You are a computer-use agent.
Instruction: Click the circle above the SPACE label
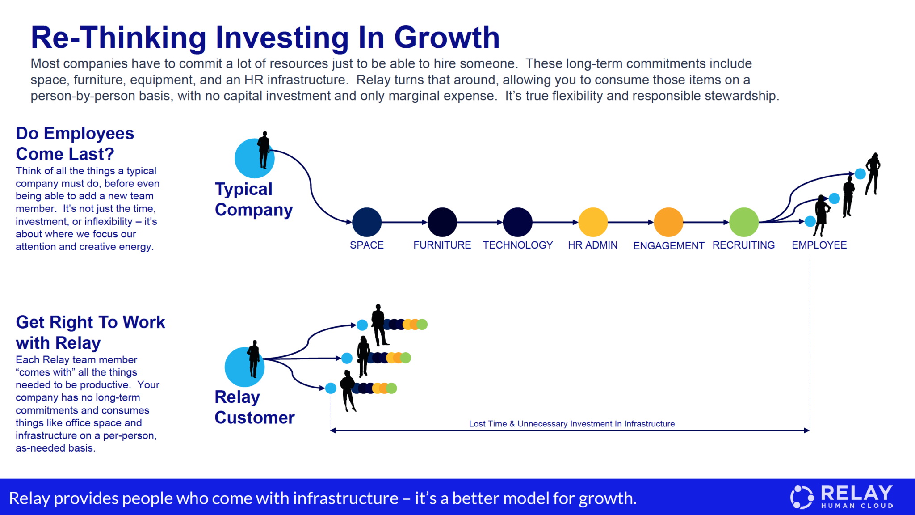click(x=367, y=222)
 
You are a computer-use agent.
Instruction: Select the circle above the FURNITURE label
click(x=442, y=222)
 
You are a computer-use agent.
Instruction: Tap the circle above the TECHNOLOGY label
click(x=518, y=222)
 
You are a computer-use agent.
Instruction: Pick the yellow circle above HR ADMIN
click(x=593, y=222)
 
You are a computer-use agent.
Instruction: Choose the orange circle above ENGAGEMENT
click(x=668, y=222)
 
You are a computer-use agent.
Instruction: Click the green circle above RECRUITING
click(x=744, y=222)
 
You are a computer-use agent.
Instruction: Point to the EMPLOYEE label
click(x=819, y=245)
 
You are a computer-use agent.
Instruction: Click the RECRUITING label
click(x=743, y=245)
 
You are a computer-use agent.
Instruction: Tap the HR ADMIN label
click(x=593, y=245)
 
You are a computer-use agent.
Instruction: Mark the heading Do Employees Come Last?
click(x=75, y=144)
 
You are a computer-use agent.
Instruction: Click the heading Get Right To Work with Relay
click(x=90, y=332)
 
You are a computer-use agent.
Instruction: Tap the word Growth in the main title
click(x=447, y=37)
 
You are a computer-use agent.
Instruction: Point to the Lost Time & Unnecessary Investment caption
click(x=572, y=424)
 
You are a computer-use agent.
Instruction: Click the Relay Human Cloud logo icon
click(x=802, y=497)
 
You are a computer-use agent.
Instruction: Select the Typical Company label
click(x=254, y=199)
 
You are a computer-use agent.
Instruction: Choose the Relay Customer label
click(x=255, y=407)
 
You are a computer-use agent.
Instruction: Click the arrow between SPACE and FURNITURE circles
click(x=404, y=222)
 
